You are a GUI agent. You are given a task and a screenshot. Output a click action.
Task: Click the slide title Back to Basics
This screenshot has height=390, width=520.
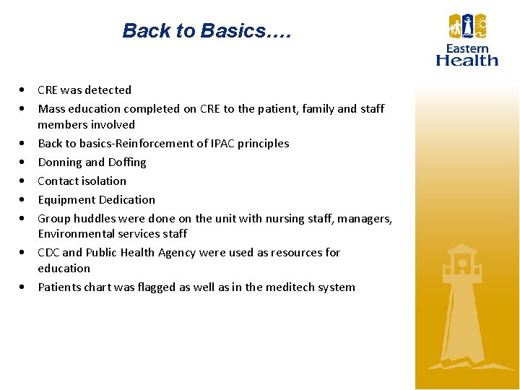tap(206, 31)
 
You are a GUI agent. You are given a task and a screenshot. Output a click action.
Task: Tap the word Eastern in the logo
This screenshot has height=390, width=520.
tap(467, 49)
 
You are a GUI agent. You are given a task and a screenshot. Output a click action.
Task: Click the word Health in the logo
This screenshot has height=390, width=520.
tap(467, 61)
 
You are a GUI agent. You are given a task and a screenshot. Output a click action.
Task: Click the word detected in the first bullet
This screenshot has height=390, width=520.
tap(108, 90)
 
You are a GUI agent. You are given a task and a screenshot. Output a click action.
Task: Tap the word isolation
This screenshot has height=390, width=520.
tap(103, 181)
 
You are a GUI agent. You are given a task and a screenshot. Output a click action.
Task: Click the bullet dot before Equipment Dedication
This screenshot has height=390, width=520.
tap(25, 200)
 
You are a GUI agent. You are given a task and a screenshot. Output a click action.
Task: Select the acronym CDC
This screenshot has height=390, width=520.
tap(48, 253)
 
